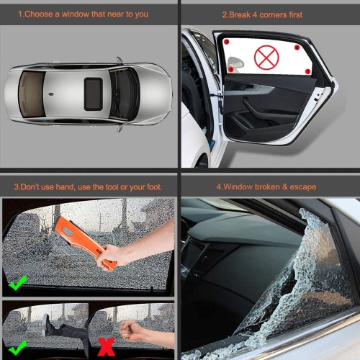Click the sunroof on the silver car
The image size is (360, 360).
tap(93, 94)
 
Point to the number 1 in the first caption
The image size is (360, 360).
tap(21, 14)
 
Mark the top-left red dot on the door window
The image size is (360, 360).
tap(227, 42)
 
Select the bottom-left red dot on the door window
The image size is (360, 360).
tap(231, 68)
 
